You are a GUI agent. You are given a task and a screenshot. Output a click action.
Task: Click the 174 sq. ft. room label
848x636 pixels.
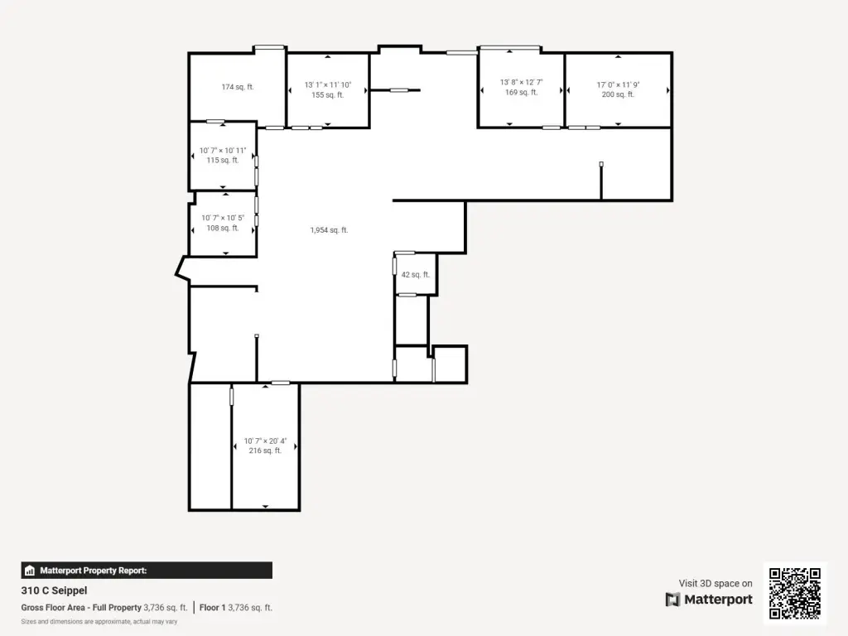(x=238, y=86)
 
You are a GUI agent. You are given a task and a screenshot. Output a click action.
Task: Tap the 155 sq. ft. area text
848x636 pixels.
(x=328, y=94)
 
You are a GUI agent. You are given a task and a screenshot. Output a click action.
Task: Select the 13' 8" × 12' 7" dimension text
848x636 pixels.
(x=522, y=82)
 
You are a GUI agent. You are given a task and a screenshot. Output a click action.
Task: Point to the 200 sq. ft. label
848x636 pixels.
(x=618, y=94)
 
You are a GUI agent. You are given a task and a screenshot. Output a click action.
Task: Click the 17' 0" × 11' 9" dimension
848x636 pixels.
(x=618, y=85)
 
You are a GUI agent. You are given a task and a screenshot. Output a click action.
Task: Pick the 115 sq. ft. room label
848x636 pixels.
(x=222, y=160)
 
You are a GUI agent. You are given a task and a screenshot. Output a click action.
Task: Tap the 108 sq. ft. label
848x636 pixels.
(x=222, y=228)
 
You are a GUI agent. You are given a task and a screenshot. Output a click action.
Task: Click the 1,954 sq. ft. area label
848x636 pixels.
(x=329, y=230)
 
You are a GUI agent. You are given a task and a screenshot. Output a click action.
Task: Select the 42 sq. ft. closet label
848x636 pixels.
(x=416, y=275)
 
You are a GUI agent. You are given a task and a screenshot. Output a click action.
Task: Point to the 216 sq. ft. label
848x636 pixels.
(x=265, y=450)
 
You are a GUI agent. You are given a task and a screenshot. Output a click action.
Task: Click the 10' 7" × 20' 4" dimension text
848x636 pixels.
(x=265, y=441)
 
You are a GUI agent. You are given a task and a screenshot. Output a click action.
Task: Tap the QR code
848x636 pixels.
(x=795, y=593)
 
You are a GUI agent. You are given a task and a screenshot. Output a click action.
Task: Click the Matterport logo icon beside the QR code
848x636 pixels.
(x=672, y=600)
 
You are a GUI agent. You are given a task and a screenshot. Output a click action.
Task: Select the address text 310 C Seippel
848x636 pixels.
(x=54, y=590)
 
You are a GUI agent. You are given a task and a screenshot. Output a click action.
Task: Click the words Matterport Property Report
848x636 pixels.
(x=93, y=571)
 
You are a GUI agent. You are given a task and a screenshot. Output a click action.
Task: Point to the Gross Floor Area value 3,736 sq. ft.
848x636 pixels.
(x=165, y=607)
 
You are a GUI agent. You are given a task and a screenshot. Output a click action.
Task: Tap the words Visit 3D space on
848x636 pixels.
(x=715, y=583)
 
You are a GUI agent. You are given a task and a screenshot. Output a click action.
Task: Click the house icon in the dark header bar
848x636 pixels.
(x=30, y=571)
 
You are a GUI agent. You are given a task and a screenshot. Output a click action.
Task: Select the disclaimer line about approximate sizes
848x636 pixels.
(x=99, y=621)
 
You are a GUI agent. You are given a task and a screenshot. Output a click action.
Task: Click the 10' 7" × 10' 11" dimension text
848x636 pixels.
(x=222, y=151)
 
